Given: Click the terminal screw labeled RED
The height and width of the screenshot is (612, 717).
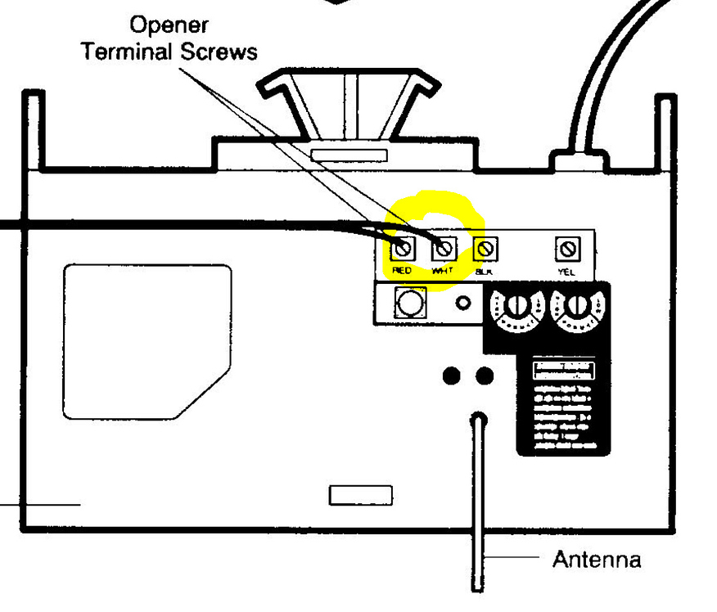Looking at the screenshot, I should (402, 248).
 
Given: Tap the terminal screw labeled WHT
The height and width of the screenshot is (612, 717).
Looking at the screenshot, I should (443, 248).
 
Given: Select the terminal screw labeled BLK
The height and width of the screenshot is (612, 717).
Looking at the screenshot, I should (485, 248).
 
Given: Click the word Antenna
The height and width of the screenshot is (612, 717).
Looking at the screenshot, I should (596, 560).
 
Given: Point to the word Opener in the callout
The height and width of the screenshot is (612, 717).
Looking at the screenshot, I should (169, 25).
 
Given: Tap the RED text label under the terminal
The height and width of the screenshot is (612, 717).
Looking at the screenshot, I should (402, 269).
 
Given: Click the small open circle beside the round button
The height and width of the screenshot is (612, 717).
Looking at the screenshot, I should (463, 304).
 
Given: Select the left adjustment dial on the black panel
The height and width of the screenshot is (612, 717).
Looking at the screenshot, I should (515, 307).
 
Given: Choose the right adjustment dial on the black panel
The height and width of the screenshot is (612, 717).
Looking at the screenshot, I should (577, 307).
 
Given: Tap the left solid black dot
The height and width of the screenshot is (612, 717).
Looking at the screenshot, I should (451, 376).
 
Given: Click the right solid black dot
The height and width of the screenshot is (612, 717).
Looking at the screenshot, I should (485, 376).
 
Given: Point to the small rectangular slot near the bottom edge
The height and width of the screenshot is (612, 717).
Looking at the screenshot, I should (360, 495).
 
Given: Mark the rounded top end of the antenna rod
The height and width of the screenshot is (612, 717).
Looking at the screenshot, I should (479, 421).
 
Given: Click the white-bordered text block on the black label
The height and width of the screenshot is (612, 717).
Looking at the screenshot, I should (565, 369).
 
